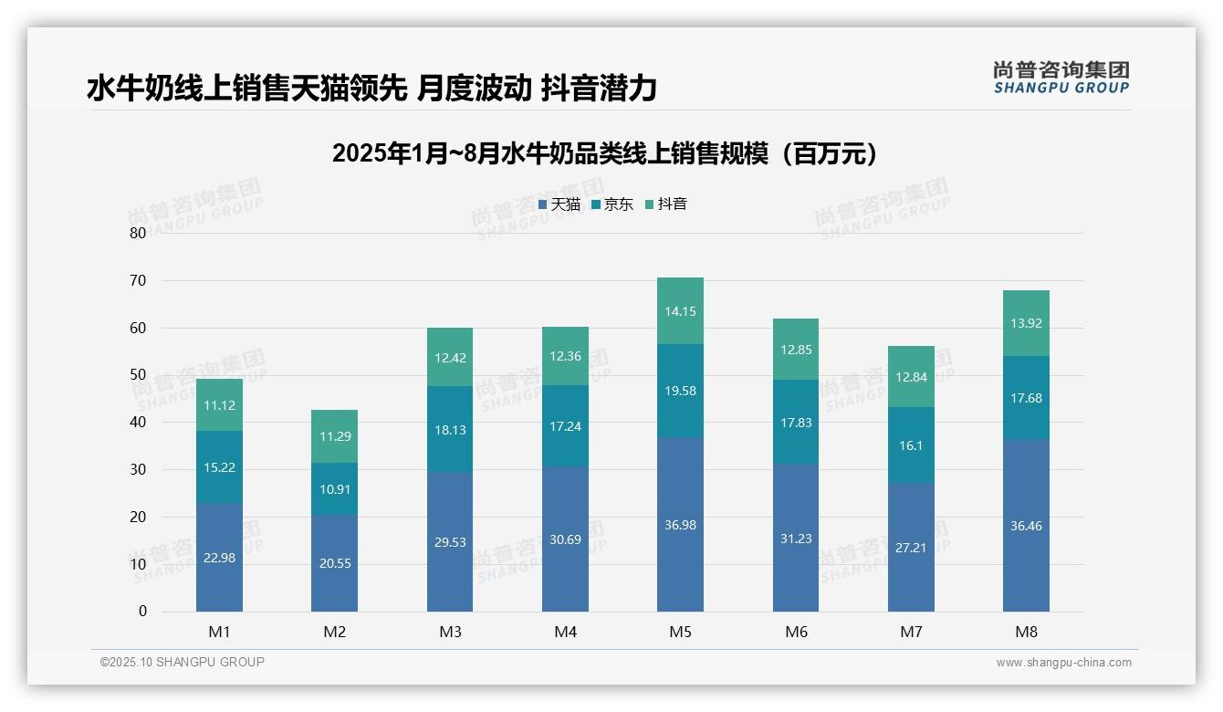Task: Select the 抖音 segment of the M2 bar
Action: click(334, 436)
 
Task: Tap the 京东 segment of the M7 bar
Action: click(911, 445)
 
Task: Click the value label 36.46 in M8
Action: click(1026, 527)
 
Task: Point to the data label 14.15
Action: click(680, 311)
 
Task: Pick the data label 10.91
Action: click(334, 489)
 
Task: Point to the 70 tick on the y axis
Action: click(138, 280)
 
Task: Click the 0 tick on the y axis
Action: click(142, 612)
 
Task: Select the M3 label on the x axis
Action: click(450, 632)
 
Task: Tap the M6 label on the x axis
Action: click(796, 632)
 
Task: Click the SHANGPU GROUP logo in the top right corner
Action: click(1061, 78)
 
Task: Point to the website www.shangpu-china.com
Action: click(1063, 663)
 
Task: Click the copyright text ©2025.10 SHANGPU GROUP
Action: click(183, 663)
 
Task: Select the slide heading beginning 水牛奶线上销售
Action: click(371, 88)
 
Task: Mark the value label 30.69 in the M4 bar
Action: click(565, 540)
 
